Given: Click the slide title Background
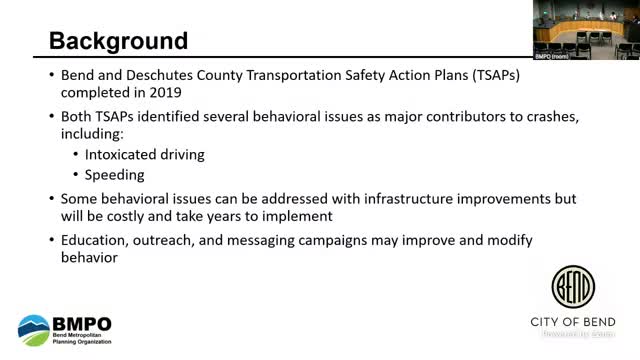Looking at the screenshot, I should pyautogui.click(x=118, y=41).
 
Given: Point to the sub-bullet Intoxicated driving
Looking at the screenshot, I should pyautogui.click(x=144, y=154).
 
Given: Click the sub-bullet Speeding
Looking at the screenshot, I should pyautogui.click(x=115, y=174).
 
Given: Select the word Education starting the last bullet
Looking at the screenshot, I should pyautogui.click(x=96, y=240).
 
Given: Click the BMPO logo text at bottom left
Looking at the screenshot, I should pyautogui.click(x=83, y=325).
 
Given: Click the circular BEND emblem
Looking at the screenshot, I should pyautogui.click(x=572, y=288).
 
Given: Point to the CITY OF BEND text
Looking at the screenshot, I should pyautogui.click(x=572, y=322).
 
